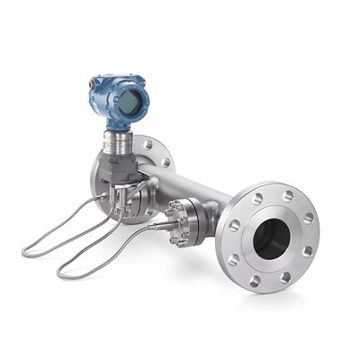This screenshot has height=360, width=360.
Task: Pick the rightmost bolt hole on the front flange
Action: click(309, 217)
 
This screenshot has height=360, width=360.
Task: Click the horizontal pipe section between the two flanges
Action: click(193, 184)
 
